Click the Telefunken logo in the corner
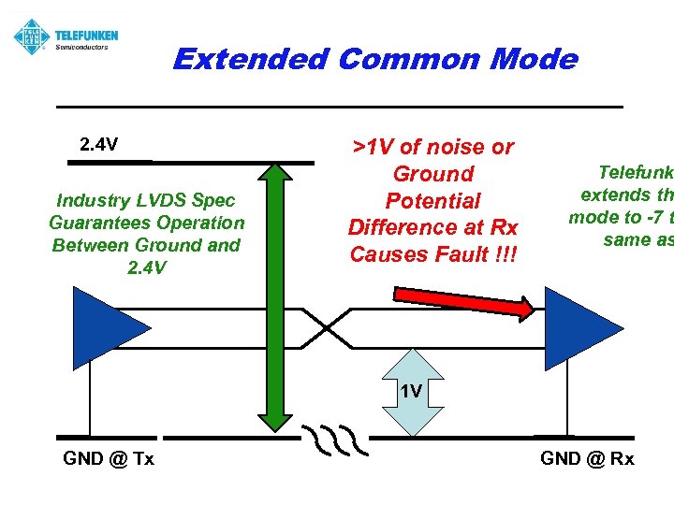pyautogui.click(x=32, y=37)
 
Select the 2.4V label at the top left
pyautogui.click(x=98, y=145)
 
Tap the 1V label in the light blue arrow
pyautogui.click(x=410, y=391)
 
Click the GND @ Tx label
pyautogui.click(x=109, y=458)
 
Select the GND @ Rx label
pyautogui.click(x=587, y=458)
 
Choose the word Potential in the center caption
pyautogui.click(x=432, y=201)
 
